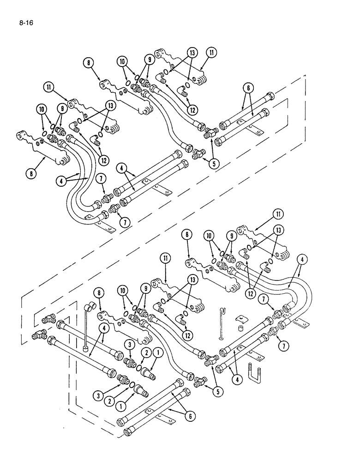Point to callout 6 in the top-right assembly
(x=248, y=88)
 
